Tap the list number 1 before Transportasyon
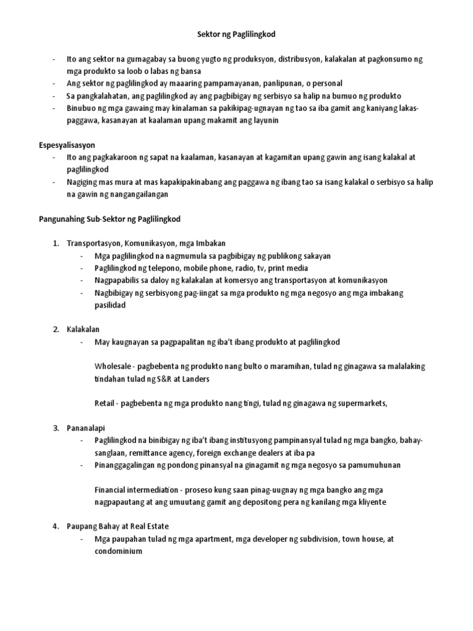[56, 243]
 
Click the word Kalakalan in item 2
[83, 329]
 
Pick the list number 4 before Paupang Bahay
[56, 526]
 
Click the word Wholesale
[114, 366]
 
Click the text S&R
[162, 378]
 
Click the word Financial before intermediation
[111, 489]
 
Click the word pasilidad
[110, 305]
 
